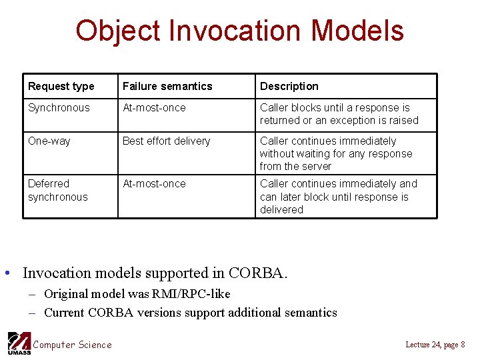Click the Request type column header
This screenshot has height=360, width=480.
(x=61, y=86)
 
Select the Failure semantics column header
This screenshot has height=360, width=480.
(x=167, y=86)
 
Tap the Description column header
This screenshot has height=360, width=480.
(x=289, y=86)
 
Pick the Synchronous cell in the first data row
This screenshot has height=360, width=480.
(x=59, y=107)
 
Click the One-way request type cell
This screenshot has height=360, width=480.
(x=49, y=141)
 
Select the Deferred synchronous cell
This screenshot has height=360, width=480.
(x=57, y=190)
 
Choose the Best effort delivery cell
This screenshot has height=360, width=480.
(x=166, y=141)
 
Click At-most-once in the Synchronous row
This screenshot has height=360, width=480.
(x=154, y=107)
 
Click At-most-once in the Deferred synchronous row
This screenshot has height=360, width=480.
(x=154, y=183)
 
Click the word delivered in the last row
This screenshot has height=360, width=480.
(x=281, y=209)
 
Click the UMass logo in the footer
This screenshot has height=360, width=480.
(x=18, y=343)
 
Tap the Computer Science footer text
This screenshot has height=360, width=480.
(x=72, y=344)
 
